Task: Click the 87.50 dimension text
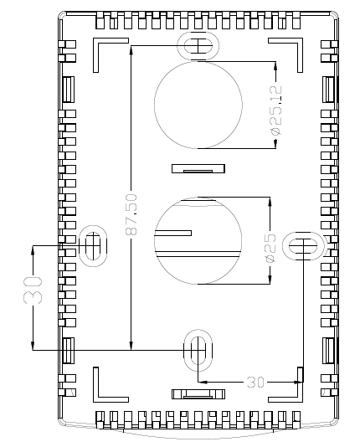[x=131, y=214]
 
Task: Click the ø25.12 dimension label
[x=276, y=110]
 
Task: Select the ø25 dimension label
[x=270, y=248]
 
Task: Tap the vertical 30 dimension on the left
[x=33, y=290]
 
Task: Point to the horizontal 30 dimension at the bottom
[x=255, y=382]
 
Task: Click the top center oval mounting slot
[x=198, y=46]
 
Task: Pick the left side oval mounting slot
[x=93, y=246]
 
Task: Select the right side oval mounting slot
[x=303, y=246]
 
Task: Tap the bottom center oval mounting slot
[x=198, y=351]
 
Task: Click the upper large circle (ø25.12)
[x=155, y=105]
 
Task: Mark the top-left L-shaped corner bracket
[x=96, y=41]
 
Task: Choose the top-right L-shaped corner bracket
[x=300, y=41]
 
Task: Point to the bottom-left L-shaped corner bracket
[x=96, y=399]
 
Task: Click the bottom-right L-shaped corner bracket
[x=301, y=399]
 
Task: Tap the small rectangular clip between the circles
[x=198, y=168]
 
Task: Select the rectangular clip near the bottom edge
[x=198, y=394]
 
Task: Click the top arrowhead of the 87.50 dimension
[x=131, y=50]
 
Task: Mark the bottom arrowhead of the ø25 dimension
[x=270, y=280]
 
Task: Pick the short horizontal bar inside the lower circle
[x=172, y=234]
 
